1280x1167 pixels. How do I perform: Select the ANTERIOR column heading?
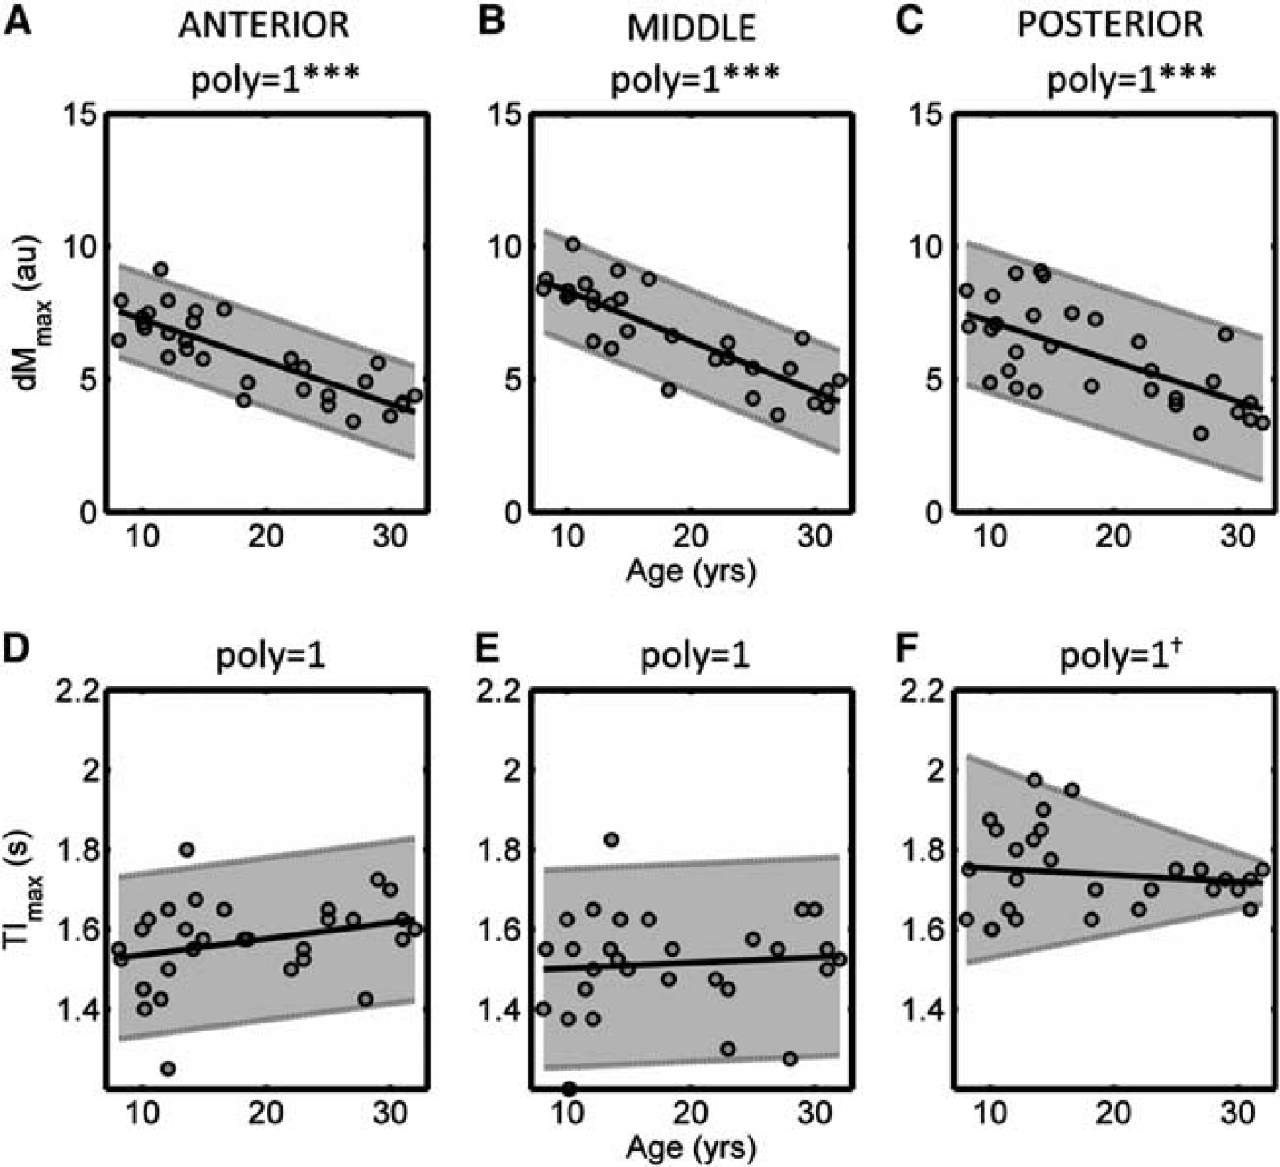pyautogui.click(x=264, y=26)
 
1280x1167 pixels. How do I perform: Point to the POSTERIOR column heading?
pyautogui.click(x=1111, y=25)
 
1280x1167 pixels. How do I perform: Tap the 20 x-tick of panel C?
pyautogui.click(x=1113, y=536)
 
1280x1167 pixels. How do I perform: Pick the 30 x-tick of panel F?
pyautogui.click(x=1238, y=1113)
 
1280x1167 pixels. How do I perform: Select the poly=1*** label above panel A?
pyautogui.click(x=275, y=81)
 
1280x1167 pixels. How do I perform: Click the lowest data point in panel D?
pyautogui.click(x=168, y=1068)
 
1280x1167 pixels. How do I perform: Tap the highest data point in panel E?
pyautogui.click(x=611, y=840)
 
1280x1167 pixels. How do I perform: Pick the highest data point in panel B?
pyautogui.click(x=573, y=244)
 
